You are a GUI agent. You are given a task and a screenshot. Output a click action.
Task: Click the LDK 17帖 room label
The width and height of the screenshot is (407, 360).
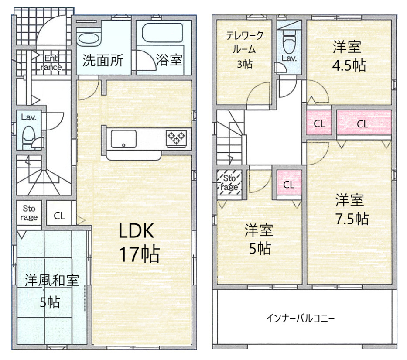pyautogui.click(x=139, y=243)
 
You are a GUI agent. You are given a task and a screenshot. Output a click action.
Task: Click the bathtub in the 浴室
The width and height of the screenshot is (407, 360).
pyautogui.click(x=162, y=33)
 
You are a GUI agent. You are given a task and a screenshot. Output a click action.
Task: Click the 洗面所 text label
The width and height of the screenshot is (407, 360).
pyautogui.click(x=103, y=61)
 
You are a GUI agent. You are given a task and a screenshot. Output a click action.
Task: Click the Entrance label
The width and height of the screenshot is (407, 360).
pyautogui.click(x=51, y=62)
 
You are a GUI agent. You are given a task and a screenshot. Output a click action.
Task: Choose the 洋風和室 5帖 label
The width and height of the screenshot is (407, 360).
pyautogui.click(x=51, y=291)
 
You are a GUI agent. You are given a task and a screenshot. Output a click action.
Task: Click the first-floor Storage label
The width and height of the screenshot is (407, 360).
pyautogui.click(x=29, y=213)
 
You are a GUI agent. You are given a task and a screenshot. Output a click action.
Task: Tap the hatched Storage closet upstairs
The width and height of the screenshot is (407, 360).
pyautogui.click(x=229, y=182)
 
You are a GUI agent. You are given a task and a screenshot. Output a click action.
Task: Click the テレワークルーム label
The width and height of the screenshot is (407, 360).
pyautogui.click(x=244, y=49)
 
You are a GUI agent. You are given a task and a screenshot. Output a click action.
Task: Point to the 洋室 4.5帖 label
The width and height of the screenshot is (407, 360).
pyautogui.click(x=349, y=56)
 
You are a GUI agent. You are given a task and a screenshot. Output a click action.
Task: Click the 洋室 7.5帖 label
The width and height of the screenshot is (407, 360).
pyautogui.click(x=351, y=209)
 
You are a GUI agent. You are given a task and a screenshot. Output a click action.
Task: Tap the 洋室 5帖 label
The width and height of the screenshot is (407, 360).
pyautogui.click(x=259, y=239)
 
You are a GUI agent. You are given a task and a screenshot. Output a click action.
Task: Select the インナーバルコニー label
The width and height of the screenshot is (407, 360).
pyautogui.click(x=300, y=318)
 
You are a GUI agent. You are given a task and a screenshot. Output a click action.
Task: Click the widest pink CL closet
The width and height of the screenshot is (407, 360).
pyautogui.click(x=364, y=123)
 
